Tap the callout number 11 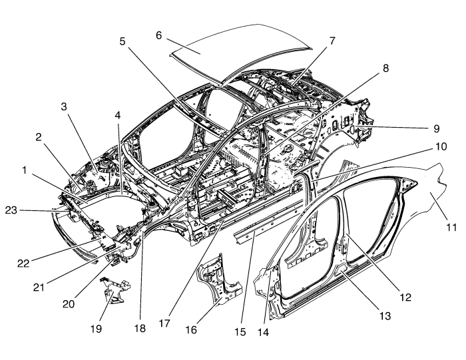pos(451,227)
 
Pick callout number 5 pos(122,40)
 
